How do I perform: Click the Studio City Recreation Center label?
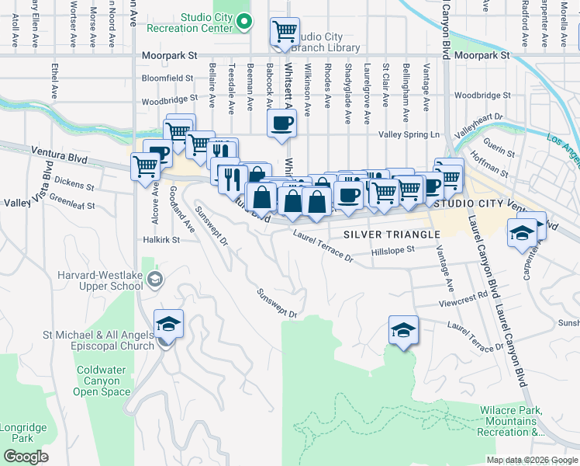tap(206, 23)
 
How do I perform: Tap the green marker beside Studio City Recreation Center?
tap(245, 23)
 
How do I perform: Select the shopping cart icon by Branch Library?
tap(285, 32)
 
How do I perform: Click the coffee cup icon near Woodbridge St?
tap(281, 122)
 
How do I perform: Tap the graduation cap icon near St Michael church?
tap(167, 324)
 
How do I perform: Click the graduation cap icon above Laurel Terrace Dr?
tap(403, 330)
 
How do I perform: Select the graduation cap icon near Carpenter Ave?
tap(523, 231)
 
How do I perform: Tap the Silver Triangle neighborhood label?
tap(385, 235)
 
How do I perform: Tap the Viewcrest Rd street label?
tap(463, 295)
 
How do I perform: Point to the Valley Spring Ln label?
tap(409, 134)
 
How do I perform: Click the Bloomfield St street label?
tap(167, 78)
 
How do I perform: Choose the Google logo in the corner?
tap(26, 457)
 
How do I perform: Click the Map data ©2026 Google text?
tap(532, 460)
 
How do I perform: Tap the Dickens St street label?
tap(74, 186)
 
